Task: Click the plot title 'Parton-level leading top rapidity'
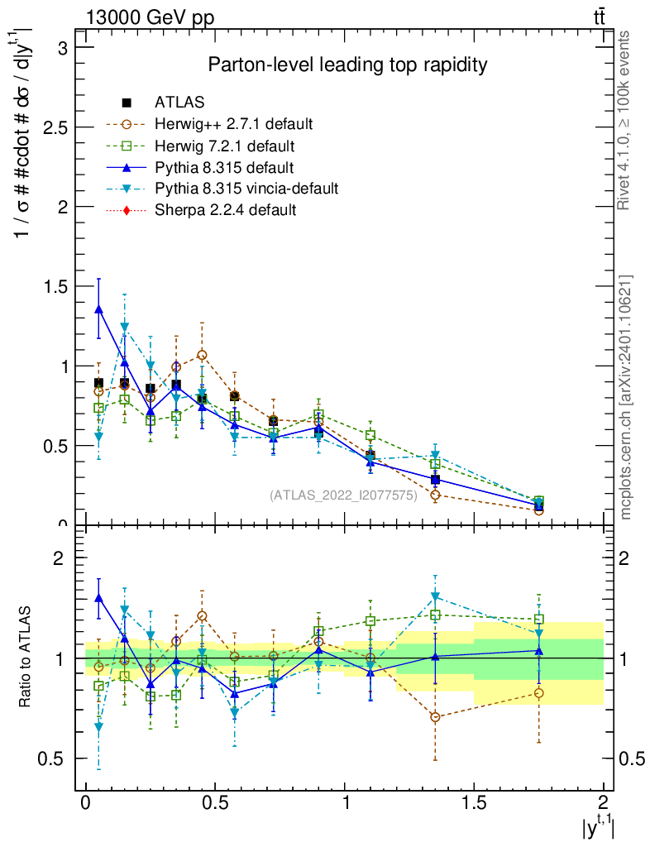pos(347,65)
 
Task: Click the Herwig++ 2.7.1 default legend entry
pos(233,124)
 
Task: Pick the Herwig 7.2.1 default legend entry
pos(224,146)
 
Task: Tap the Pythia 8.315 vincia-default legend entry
pos(246,189)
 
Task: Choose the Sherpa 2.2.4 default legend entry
pos(225,210)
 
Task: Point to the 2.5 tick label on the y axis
pos(54,127)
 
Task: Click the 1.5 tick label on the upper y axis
pos(54,286)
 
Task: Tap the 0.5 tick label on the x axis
pos(215,803)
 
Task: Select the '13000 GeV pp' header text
pos(150,18)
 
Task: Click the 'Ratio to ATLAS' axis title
pos(27,658)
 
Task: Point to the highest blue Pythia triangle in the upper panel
pos(99,309)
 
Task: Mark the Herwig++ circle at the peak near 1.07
pos(203,355)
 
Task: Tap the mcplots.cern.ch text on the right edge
pos(626,396)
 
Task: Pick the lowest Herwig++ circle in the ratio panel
pos(435,716)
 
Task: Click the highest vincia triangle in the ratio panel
pos(435,596)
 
